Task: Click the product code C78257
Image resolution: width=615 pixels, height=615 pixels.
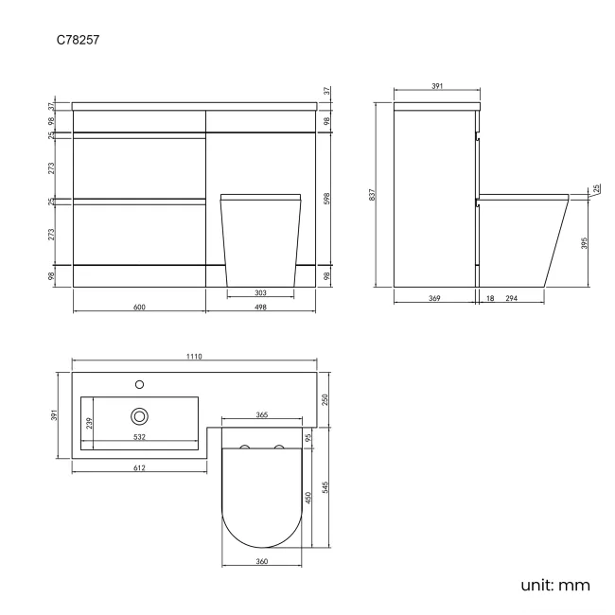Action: point(79,42)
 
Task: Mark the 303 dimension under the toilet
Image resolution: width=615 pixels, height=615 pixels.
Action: point(260,292)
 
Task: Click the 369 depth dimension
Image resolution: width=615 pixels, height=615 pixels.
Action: point(432,299)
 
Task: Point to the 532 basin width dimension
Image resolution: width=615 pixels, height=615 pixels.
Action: point(139,436)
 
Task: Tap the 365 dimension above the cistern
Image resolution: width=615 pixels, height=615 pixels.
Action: point(262,415)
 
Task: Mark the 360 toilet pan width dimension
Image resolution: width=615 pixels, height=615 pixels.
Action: point(262,562)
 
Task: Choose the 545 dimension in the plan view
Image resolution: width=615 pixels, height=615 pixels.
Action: point(325,488)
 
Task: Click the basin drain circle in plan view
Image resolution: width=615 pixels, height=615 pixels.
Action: point(140,414)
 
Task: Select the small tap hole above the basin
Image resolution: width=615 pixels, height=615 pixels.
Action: point(140,384)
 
